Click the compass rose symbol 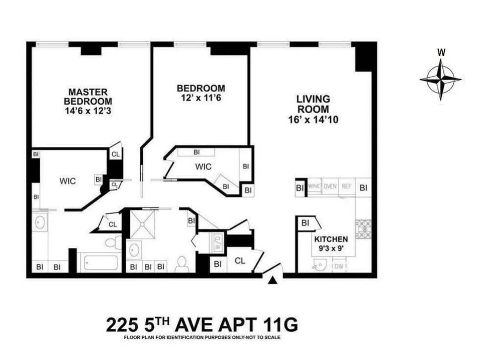pyautogui.click(x=440, y=79)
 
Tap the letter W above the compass pyautogui.click(x=440, y=53)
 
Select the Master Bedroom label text pyautogui.click(x=88, y=97)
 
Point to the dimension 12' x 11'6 pyautogui.click(x=201, y=98)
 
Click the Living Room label pyautogui.click(x=312, y=104)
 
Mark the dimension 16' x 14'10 pyautogui.click(x=313, y=120)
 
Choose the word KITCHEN pyautogui.click(x=331, y=239)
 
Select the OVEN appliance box pyautogui.click(x=330, y=187)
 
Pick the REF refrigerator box pyautogui.click(x=346, y=187)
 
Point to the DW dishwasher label pyautogui.click(x=339, y=267)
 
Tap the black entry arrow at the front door pyautogui.click(x=272, y=280)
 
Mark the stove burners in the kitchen pyautogui.click(x=364, y=229)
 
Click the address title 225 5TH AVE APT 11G pyautogui.click(x=202, y=325)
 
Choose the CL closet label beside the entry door pyautogui.click(x=240, y=261)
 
